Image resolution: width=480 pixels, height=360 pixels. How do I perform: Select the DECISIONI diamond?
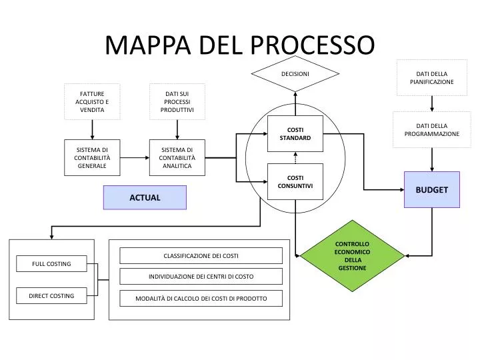[x=295, y=73]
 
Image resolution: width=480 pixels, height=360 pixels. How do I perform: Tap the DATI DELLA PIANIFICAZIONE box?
[x=431, y=77]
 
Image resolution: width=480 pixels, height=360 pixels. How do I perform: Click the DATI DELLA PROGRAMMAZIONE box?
[x=431, y=129]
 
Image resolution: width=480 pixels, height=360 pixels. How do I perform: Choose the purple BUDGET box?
[x=431, y=189]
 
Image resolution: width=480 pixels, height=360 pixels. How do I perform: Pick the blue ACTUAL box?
[x=145, y=197]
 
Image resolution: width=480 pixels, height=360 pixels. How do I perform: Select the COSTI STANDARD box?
[x=295, y=133]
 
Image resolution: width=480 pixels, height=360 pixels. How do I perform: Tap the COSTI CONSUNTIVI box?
[x=295, y=181]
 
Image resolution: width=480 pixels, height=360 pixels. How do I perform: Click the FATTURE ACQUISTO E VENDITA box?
[x=92, y=101]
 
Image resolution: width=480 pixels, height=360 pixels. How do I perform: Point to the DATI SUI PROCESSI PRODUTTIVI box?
[x=177, y=101]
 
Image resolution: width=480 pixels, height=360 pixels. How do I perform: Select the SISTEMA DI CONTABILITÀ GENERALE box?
[x=92, y=158]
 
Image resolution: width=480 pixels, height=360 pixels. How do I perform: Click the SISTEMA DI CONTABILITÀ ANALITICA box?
[x=177, y=158]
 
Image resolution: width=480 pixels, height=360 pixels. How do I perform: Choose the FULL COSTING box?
[x=51, y=264]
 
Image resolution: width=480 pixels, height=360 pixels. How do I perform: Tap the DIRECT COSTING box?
[x=51, y=295]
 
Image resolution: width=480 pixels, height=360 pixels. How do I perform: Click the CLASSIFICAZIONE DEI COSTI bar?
[x=201, y=255]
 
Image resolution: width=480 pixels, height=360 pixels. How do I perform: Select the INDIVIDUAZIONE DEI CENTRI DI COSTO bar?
[x=201, y=277]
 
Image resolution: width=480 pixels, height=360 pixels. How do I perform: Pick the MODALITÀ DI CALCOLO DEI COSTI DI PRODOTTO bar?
[x=201, y=298]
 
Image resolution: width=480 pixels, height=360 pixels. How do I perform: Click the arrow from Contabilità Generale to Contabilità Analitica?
[x=135, y=158]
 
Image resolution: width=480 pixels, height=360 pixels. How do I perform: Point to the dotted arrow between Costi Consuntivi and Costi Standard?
[x=295, y=157]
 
